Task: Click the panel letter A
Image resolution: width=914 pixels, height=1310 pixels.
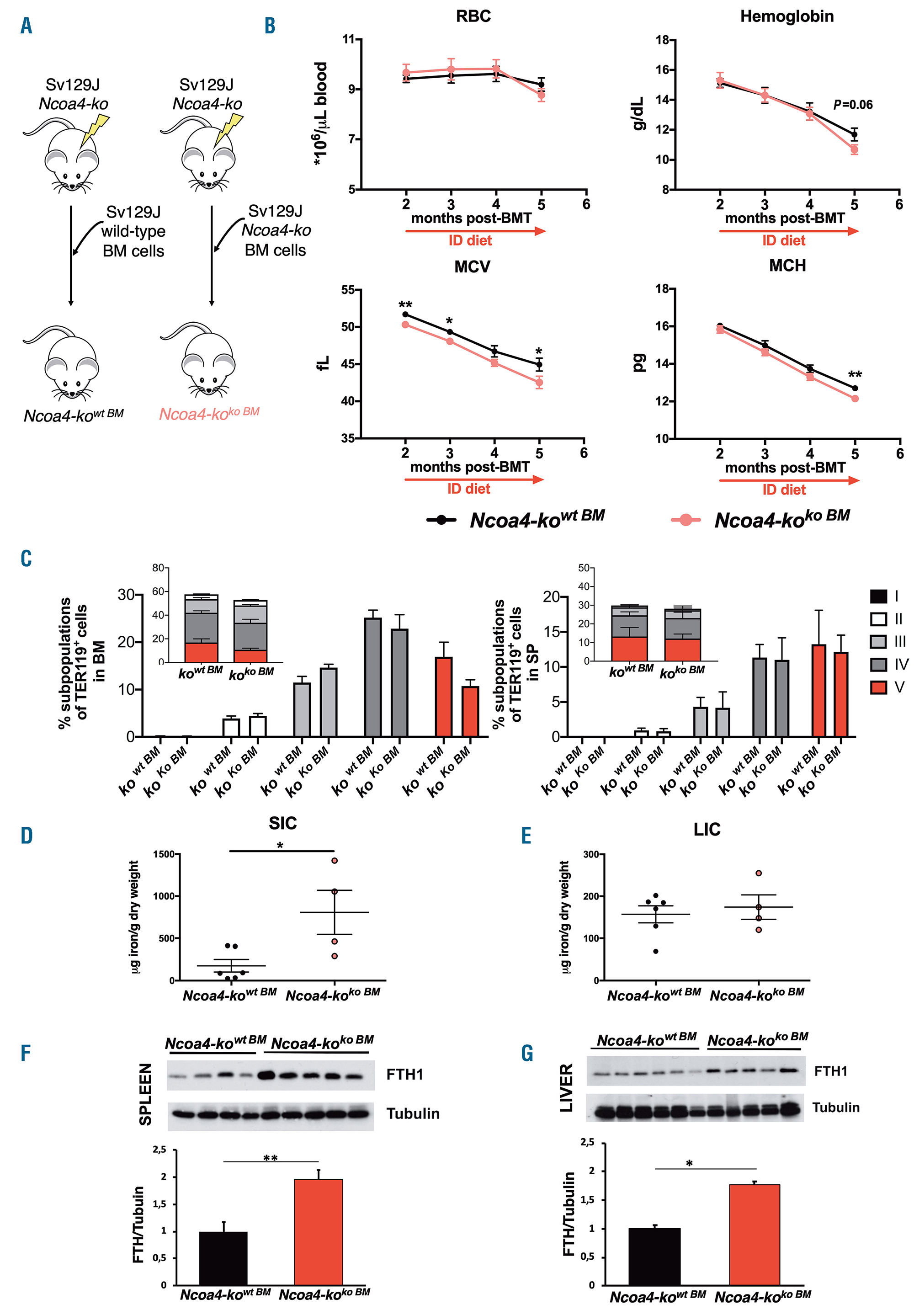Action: click(26, 26)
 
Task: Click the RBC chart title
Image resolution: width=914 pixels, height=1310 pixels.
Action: click(473, 16)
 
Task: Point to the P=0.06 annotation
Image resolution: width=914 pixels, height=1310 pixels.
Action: click(852, 104)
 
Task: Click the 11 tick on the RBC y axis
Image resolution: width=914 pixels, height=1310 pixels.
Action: click(348, 39)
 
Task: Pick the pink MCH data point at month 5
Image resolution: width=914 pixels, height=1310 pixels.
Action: click(855, 398)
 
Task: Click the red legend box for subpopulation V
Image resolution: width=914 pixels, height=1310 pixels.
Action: click(878, 687)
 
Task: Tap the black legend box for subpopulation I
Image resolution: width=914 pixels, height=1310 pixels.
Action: click(878, 596)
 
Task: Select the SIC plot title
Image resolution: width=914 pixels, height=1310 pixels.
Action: click(282, 823)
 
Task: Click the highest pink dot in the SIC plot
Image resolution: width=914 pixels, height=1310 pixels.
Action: click(335, 860)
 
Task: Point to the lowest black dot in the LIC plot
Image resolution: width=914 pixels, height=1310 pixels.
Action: click(655, 951)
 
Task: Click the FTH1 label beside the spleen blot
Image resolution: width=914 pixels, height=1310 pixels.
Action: click(404, 1075)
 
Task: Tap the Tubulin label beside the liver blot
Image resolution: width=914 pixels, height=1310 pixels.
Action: click(835, 1108)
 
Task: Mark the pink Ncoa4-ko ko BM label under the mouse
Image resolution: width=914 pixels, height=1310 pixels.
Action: click(209, 413)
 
